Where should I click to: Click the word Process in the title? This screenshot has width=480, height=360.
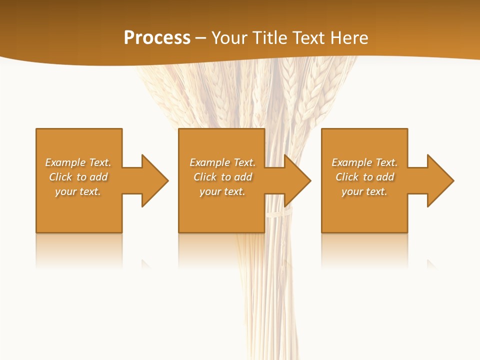[x=157, y=38]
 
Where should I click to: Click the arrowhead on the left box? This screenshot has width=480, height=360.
[x=154, y=180]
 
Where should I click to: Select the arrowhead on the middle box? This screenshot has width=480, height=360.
[x=297, y=180]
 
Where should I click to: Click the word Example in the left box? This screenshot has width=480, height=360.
[x=65, y=162]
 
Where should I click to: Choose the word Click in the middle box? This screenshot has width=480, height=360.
[x=205, y=177]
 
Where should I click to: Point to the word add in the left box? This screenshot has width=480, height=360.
[x=99, y=177]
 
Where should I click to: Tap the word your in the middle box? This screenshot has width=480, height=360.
[x=210, y=191]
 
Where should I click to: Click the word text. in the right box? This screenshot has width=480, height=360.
[x=376, y=191]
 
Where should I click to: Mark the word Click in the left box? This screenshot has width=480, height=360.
[x=60, y=177]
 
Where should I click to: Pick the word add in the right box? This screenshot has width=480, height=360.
[x=385, y=177]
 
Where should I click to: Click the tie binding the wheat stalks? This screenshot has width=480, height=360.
[x=276, y=214]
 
